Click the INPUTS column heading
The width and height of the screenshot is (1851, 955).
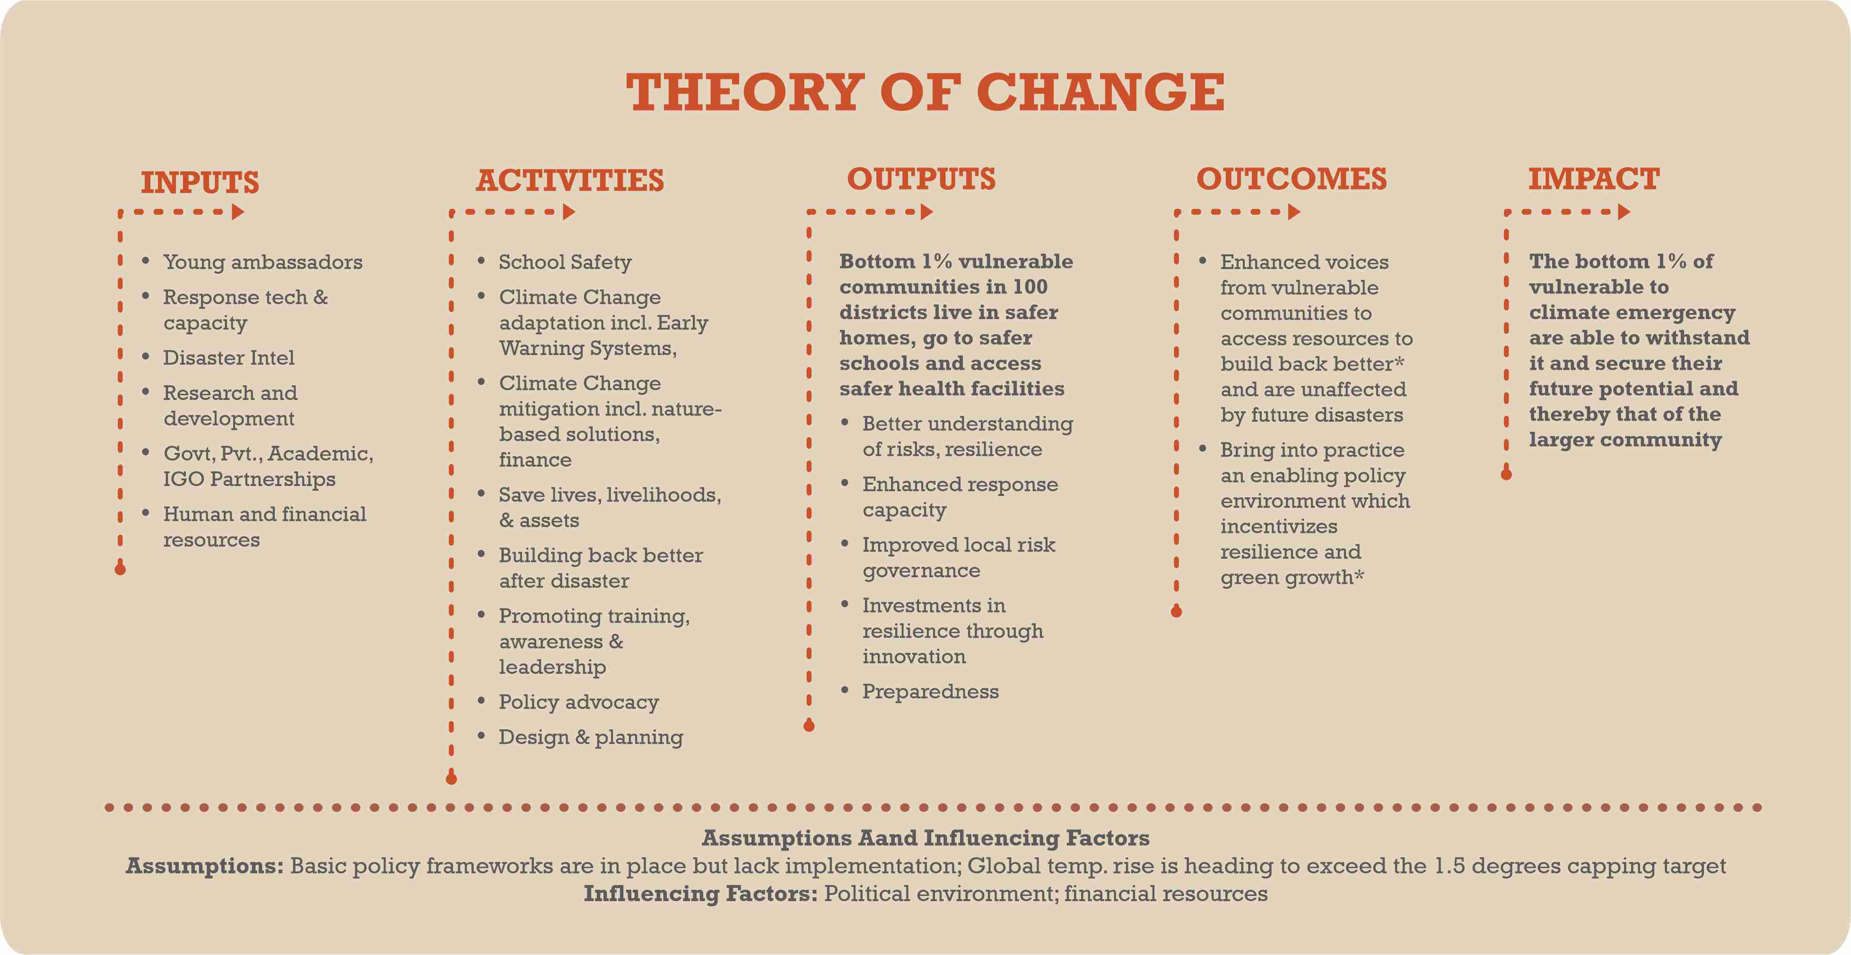tap(200, 182)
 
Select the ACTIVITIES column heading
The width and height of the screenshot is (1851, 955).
tap(570, 181)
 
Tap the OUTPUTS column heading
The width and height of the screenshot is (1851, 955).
tap(921, 179)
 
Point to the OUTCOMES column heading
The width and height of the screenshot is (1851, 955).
tap(1291, 179)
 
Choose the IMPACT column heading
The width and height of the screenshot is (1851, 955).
tap(1594, 179)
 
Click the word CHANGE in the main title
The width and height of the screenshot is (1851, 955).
tap(1100, 93)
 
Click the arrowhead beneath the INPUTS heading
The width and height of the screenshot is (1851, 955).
tap(238, 212)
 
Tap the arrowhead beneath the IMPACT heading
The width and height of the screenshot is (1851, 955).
tap(1624, 212)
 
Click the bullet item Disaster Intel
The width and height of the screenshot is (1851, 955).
tap(228, 358)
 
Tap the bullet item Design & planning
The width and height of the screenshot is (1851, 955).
tap(591, 737)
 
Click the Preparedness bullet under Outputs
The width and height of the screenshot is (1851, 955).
tap(931, 691)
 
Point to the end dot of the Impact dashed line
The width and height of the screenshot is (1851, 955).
tap(1506, 474)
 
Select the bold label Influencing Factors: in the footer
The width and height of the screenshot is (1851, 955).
tap(700, 894)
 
